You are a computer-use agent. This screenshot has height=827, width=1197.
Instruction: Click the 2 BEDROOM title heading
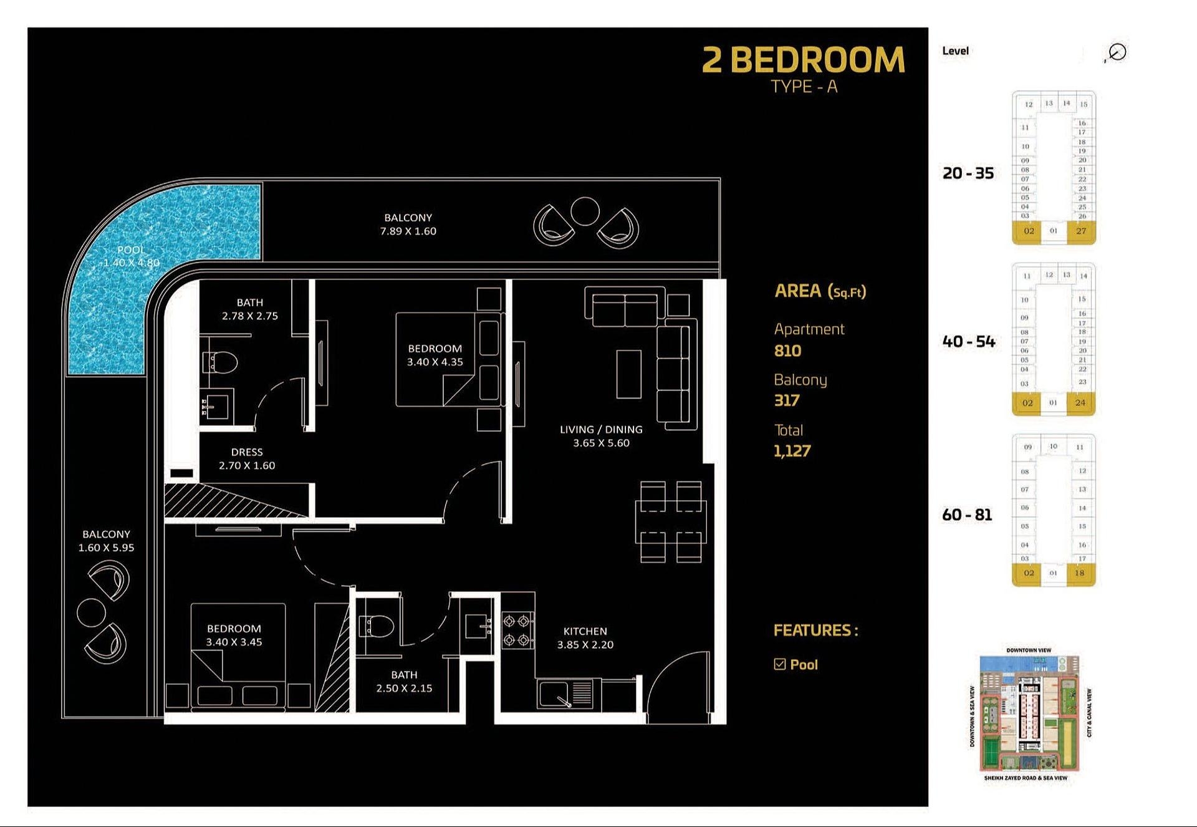point(803,60)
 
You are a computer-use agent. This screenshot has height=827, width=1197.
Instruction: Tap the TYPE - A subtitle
point(804,87)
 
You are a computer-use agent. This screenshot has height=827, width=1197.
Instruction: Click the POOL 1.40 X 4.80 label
point(131,256)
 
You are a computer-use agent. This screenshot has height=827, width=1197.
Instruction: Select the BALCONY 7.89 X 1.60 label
point(408,225)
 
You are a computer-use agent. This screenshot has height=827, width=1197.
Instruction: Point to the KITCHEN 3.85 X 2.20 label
point(585,638)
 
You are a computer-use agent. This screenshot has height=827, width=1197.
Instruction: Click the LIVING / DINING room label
point(600,436)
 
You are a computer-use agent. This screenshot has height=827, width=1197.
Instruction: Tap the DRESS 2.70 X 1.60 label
point(247,458)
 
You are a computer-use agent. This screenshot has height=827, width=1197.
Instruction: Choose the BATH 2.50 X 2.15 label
point(404,681)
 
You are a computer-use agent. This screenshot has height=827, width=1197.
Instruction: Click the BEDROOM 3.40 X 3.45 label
point(234,635)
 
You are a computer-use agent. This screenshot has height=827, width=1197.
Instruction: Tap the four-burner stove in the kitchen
point(518,631)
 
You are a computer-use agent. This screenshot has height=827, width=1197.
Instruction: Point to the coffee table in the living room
point(628,374)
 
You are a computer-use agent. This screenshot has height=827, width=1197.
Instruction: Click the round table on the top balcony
point(585,211)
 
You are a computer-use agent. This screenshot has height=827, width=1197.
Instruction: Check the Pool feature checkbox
point(779,664)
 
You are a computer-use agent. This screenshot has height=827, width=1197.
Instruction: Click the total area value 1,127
point(792,451)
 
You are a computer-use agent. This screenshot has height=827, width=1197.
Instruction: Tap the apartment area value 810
point(787,351)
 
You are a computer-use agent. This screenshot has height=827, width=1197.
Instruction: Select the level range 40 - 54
point(968,341)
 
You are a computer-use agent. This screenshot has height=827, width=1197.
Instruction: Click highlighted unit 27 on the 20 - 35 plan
point(1081,231)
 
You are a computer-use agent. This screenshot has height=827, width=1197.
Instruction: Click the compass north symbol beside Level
point(1117,52)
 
